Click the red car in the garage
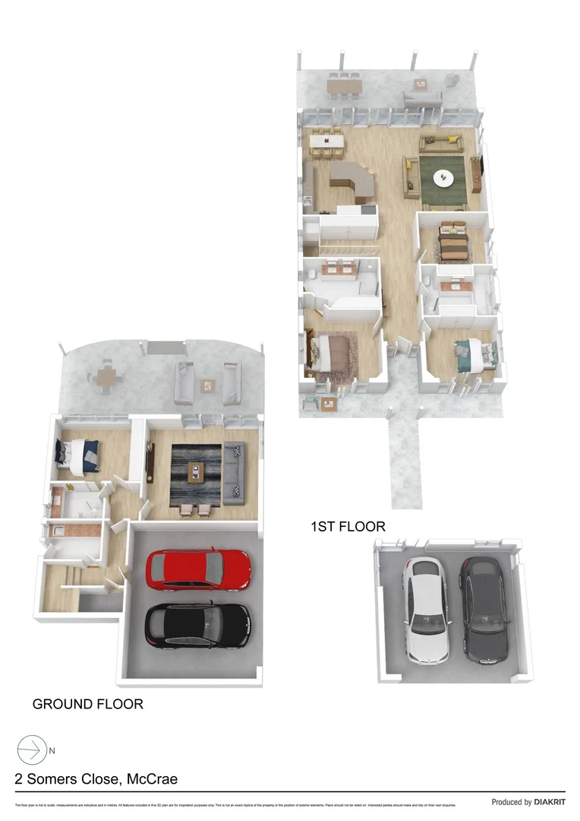point(198,569)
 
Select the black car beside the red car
point(197,625)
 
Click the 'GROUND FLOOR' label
point(87,704)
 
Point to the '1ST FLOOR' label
point(348,526)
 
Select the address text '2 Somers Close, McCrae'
point(96,779)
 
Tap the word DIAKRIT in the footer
point(550,802)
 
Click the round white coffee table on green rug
point(443,179)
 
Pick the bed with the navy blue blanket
point(78,457)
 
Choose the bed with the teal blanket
point(475,354)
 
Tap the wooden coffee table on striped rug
point(196,473)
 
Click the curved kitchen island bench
point(351,180)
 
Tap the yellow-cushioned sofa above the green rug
point(441,142)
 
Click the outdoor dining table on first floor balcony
point(343,86)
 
